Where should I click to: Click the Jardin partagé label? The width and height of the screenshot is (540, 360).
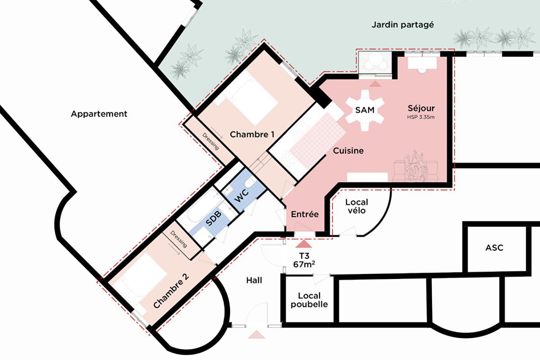coord(402,25)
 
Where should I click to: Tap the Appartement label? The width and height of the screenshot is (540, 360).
coord(99,114)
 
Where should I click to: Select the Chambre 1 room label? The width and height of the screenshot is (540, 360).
coord(252,134)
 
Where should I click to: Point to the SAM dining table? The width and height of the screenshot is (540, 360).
coord(365,110)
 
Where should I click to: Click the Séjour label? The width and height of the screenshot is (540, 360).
coord(421,108)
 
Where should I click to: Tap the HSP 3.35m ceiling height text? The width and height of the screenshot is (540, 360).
coord(421,117)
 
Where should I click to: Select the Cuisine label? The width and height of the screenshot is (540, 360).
coord(348,151)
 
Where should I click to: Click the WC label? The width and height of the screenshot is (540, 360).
coord(243,196)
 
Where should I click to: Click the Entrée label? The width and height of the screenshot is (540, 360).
coord(305,214)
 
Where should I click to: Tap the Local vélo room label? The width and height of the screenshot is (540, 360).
coord(356,206)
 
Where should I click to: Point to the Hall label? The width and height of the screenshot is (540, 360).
coord(254,280)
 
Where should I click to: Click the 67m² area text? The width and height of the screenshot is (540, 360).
coord(304,264)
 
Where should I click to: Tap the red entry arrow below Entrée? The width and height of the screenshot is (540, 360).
coord(304,243)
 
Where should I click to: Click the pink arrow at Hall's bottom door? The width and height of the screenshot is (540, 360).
coord(256,334)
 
